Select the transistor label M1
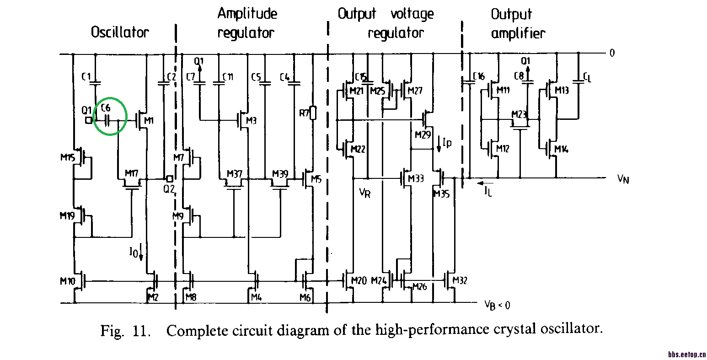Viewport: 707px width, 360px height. (x=150, y=121)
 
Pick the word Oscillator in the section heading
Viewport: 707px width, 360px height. (x=120, y=32)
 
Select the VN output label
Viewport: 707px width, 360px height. (x=623, y=179)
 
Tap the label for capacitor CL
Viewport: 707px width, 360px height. (x=587, y=78)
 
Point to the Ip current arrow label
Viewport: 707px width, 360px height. (x=446, y=143)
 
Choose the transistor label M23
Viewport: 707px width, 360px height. (x=519, y=114)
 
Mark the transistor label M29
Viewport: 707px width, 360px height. (x=423, y=135)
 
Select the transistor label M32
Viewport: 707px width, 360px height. (x=459, y=280)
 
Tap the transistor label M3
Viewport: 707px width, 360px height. (x=251, y=120)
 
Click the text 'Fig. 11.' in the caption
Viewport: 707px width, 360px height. (x=125, y=330)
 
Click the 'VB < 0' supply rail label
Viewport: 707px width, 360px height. (x=497, y=305)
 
